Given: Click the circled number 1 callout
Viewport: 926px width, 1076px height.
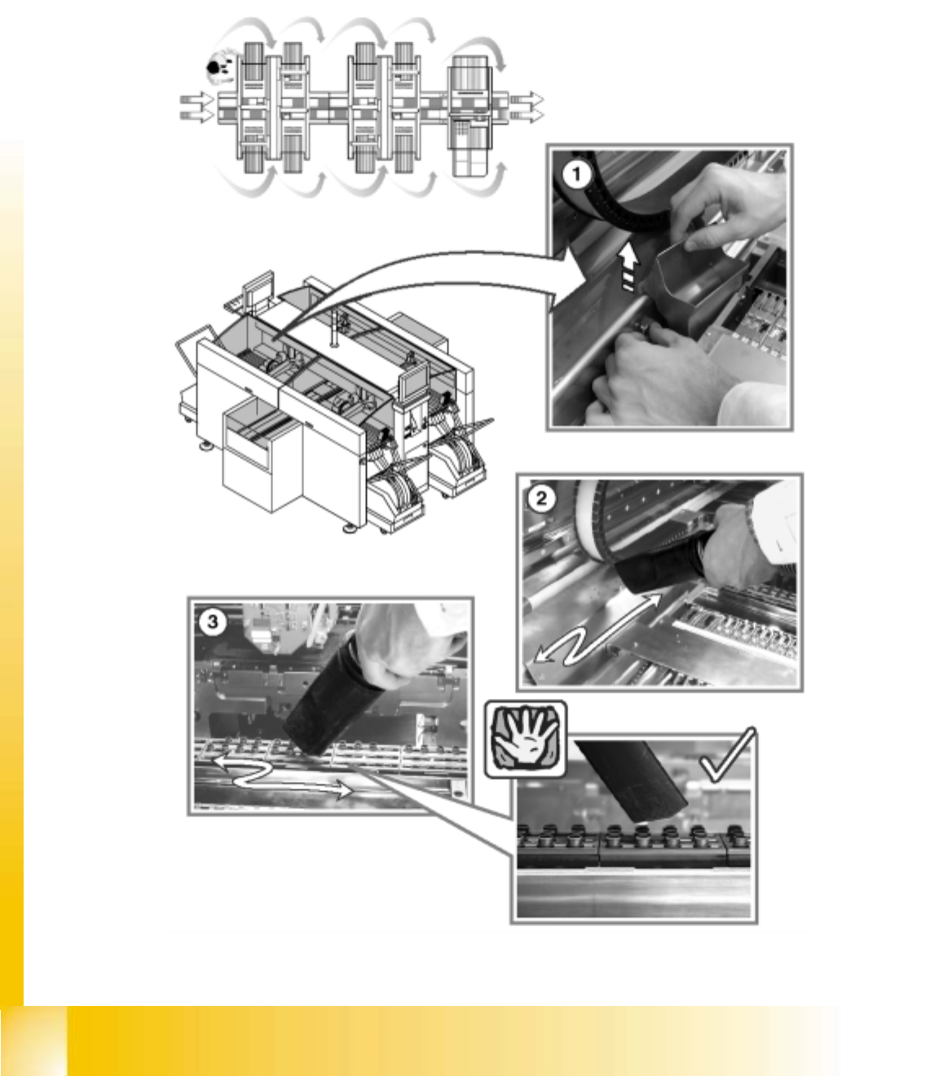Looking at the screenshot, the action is pyautogui.click(x=576, y=174).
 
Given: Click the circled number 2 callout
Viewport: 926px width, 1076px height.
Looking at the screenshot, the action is pyautogui.click(x=541, y=498).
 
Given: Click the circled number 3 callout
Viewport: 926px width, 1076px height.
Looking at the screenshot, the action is pyautogui.click(x=213, y=622).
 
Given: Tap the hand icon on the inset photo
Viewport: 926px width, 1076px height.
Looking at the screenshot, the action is pyautogui.click(x=525, y=740).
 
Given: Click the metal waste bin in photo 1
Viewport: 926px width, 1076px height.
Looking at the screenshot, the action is pyautogui.click(x=695, y=286).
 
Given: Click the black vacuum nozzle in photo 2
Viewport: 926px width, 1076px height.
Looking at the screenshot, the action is pyautogui.click(x=659, y=570).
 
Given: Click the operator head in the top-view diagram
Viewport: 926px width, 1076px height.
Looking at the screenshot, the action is pyautogui.click(x=213, y=68).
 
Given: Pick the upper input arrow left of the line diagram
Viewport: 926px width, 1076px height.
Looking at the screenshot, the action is pyautogui.click(x=196, y=99).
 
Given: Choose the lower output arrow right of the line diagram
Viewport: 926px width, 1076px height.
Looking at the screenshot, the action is pyautogui.click(x=527, y=116).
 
